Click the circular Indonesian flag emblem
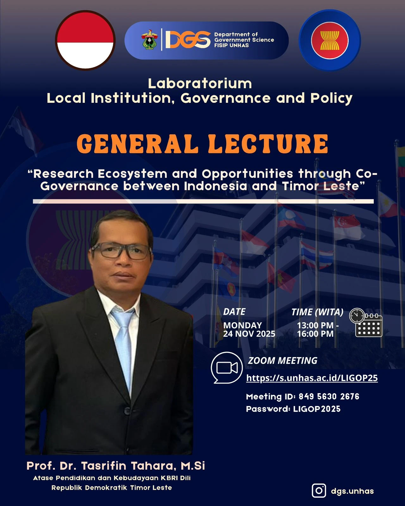85,40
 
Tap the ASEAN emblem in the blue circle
330,40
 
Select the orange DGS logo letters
188,40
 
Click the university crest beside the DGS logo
149,40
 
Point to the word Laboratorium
200,83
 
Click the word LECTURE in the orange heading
268,144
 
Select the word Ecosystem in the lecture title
133,174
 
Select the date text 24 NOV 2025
249,334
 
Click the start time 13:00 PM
315,325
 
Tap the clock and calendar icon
366,323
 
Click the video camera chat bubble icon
227,367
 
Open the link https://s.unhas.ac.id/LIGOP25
312,378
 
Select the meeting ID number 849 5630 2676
329,397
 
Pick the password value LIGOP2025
317,409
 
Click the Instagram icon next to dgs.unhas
319,491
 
